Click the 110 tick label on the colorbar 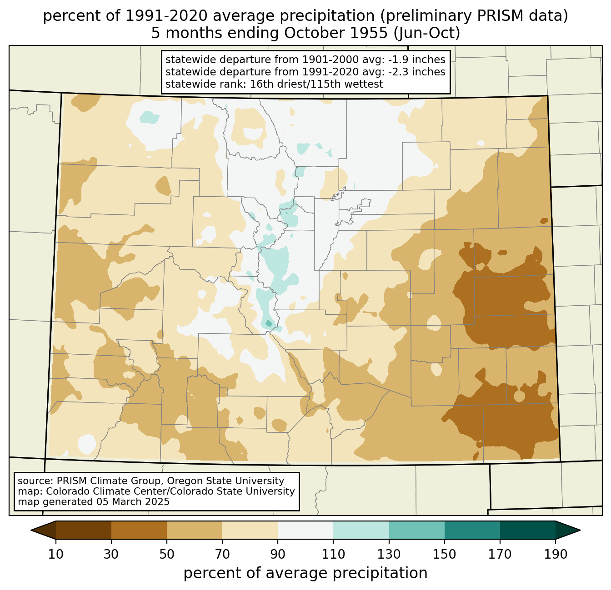click(x=333, y=555)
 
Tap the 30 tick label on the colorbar click(x=111, y=555)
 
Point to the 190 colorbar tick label click(x=556, y=555)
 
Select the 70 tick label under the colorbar click(x=222, y=555)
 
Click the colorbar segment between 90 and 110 click(x=305, y=531)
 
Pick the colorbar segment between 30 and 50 click(x=139, y=531)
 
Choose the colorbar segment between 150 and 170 click(x=472, y=531)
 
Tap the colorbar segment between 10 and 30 click(x=84, y=531)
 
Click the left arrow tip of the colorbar click(x=31, y=531)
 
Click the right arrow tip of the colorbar click(x=580, y=531)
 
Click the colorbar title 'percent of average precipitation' click(x=305, y=573)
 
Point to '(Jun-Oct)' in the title click(x=427, y=33)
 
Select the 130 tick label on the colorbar click(x=389, y=555)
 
